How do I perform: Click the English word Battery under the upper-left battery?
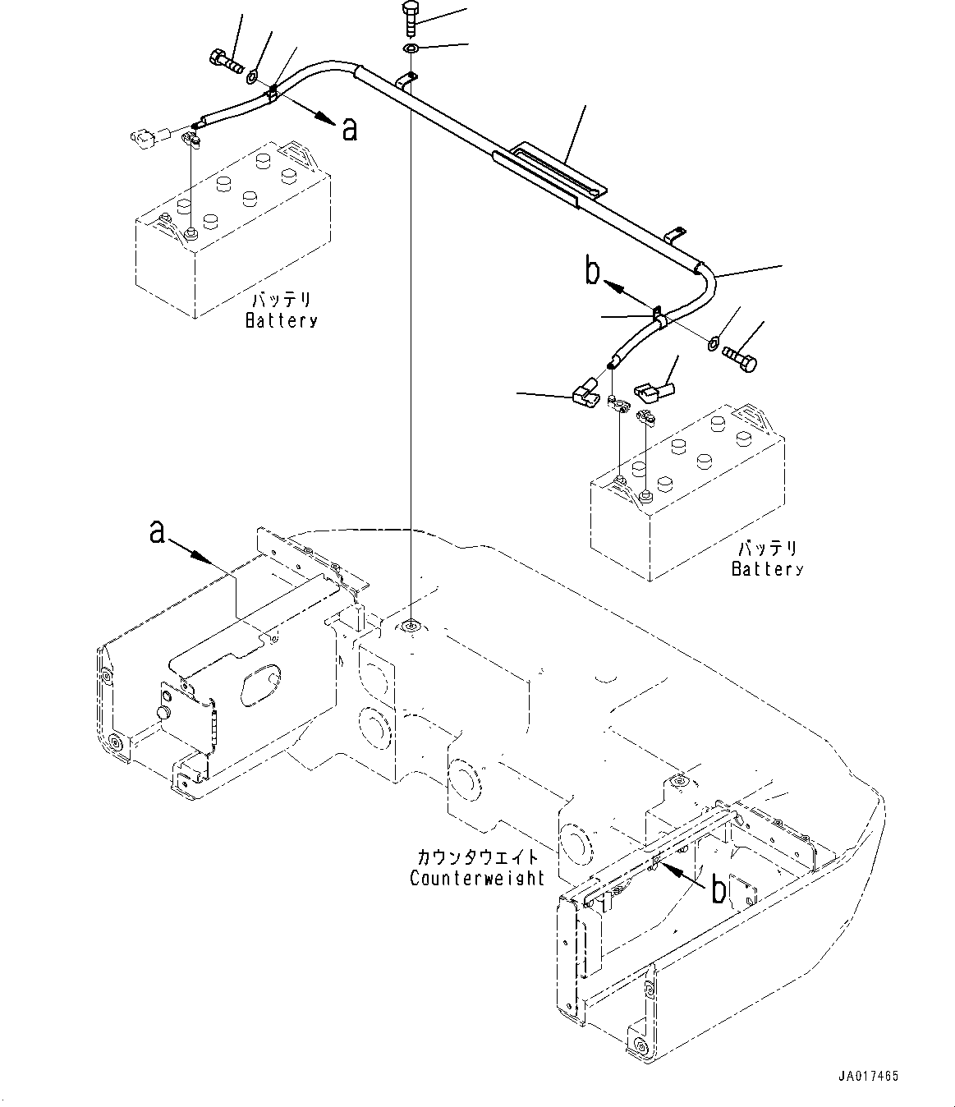(x=281, y=321)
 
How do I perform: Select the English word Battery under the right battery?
(x=768, y=568)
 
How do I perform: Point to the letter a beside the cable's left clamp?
(x=349, y=130)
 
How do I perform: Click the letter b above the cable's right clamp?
(x=592, y=271)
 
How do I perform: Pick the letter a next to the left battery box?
(x=156, y=532)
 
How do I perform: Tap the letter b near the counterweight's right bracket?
(x=719, y=889)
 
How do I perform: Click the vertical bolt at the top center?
(x=411, y=19)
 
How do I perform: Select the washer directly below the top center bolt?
(x=411, y=49)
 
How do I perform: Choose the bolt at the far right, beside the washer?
(x=740, y=359)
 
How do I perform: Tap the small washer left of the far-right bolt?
(x=714, y=343)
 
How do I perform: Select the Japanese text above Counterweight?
(x=477, y=857)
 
